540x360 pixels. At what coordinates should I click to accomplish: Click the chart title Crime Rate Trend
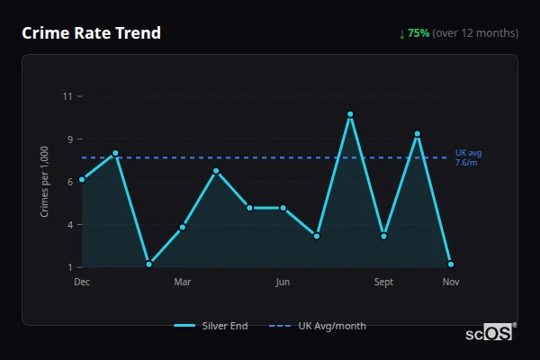(91, 33)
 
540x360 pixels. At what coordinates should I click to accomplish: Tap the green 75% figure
(418, 33)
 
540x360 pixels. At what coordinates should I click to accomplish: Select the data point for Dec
(82, 179)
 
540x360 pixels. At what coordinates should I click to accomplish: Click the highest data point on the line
(350, 114)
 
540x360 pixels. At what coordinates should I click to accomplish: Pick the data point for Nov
(451, 265)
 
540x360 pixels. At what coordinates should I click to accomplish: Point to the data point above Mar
(183, 227)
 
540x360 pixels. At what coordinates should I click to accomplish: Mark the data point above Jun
(283, 208)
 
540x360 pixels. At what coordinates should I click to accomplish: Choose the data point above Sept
(384, 236)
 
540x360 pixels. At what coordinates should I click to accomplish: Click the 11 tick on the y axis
(68, 96)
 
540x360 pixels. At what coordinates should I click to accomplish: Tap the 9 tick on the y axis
(68, 139)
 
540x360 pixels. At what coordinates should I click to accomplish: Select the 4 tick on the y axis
(68, 224)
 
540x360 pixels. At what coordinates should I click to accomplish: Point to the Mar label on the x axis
(183, 283)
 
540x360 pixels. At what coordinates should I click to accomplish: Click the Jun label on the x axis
(283, 283)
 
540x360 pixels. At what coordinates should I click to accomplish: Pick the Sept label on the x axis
(384, 283)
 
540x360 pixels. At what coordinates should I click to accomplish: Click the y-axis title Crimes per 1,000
(45, 182)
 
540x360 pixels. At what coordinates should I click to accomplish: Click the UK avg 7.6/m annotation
(468, 157)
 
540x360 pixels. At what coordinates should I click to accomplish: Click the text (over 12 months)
(475, 33)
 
